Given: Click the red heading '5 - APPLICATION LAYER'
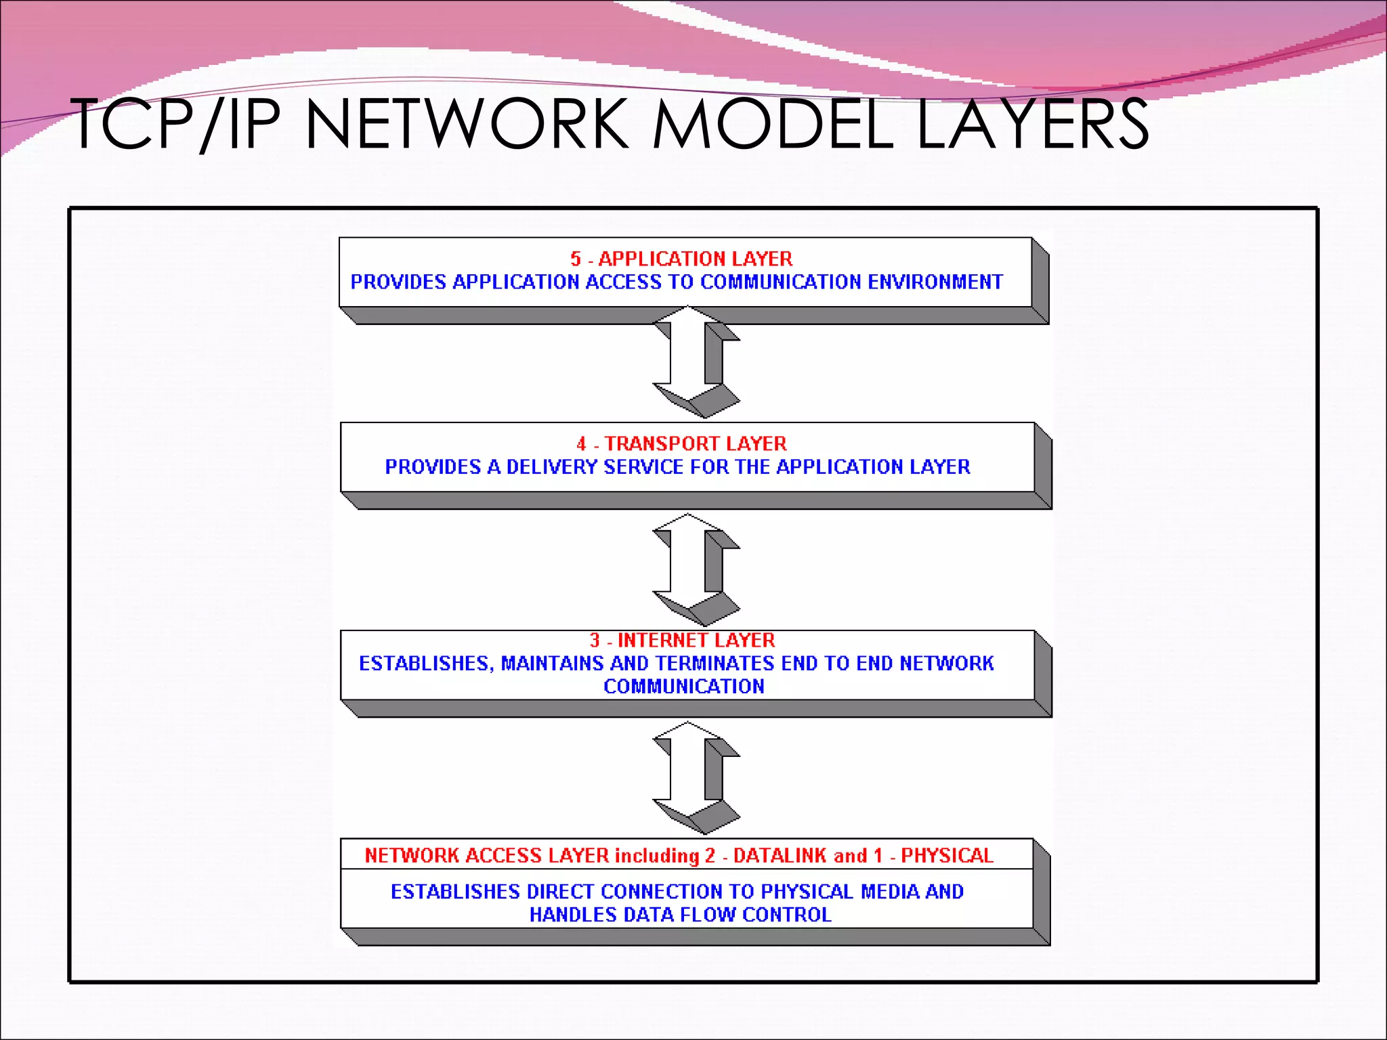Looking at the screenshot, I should (x=681, y=259).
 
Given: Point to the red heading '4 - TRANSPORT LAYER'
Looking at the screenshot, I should (x=681, y=443).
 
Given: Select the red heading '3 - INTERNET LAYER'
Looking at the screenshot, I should (x=682, y=640).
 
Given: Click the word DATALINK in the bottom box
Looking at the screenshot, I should (x=780, y=855).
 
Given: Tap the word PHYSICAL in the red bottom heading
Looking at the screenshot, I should (x=947, y=855).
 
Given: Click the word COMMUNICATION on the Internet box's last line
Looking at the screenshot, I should (x=684, y=686).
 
